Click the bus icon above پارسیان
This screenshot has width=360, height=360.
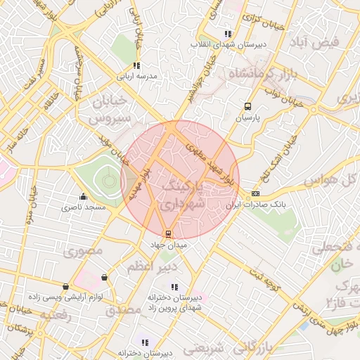[x=247, y=106]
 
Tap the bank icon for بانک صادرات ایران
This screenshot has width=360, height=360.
[x=255, y=193]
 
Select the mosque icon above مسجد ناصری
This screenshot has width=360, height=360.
[x=83, y=196]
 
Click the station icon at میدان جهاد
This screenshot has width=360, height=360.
[x=167, y=233]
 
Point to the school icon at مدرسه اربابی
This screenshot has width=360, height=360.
[x=136, y=65]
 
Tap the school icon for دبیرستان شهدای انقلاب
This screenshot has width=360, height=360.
[x=227, y=33]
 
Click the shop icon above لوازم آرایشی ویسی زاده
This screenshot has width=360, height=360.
[x=65, y=286]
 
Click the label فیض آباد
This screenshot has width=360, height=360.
[x=319, y=42]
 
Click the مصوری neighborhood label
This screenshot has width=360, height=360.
[x=83, y=250]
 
